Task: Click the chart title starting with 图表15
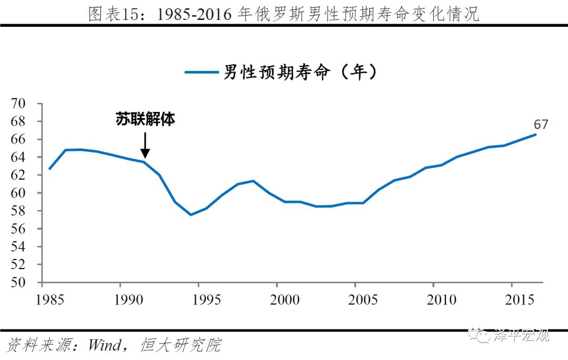[x=284, y=14]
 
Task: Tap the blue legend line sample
[x=202, y=73]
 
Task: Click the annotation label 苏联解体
[x=145, y=119]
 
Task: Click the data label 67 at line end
[x=541, y=125]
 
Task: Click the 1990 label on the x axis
[x=120, y=300]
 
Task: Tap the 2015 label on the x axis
[x=520, y=300]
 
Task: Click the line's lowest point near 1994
[x=190, y=214]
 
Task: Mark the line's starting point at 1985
[x=49, y=169]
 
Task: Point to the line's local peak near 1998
[x=253, y=181]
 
